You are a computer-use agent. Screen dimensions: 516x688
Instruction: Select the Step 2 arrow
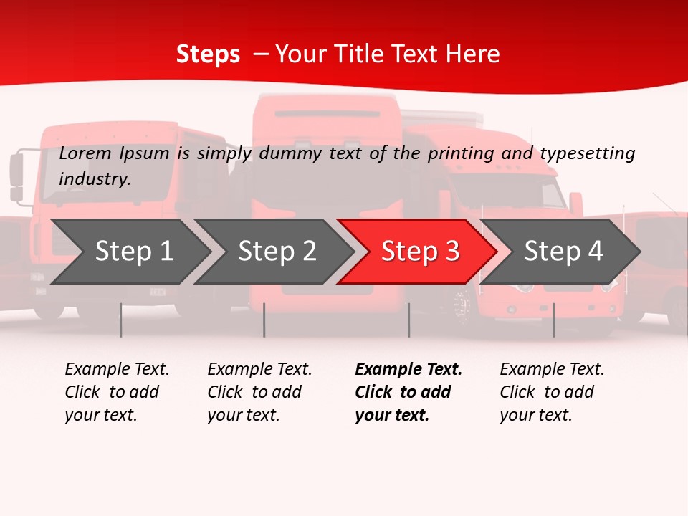[x=276, y=252]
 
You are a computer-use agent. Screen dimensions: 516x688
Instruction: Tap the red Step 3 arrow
[x=419, y=252]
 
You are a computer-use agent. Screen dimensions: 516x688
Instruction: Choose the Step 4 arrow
[x=563, y=252]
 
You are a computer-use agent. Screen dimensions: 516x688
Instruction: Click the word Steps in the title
[x=208, y=54]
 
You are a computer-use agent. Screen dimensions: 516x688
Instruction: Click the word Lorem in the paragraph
[x=85, y=153]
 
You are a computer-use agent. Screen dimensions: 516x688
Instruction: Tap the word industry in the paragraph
[x=95, y=178]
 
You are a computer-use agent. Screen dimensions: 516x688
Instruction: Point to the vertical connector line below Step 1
[x=121, y=320]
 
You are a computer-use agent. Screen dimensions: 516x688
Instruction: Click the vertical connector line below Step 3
[x=408, y=320]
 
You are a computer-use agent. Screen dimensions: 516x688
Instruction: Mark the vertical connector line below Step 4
[x=553, y=320]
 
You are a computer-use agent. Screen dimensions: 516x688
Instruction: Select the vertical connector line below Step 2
[x=264, y=320]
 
